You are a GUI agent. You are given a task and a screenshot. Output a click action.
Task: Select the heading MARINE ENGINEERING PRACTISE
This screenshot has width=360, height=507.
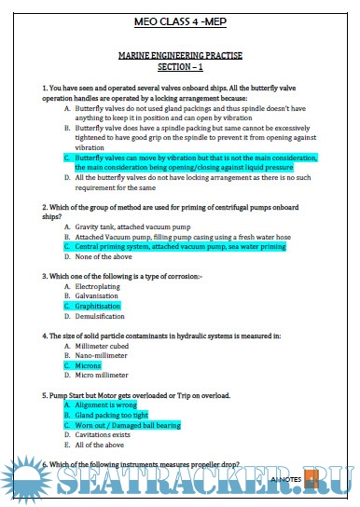[x=180, y=57]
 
